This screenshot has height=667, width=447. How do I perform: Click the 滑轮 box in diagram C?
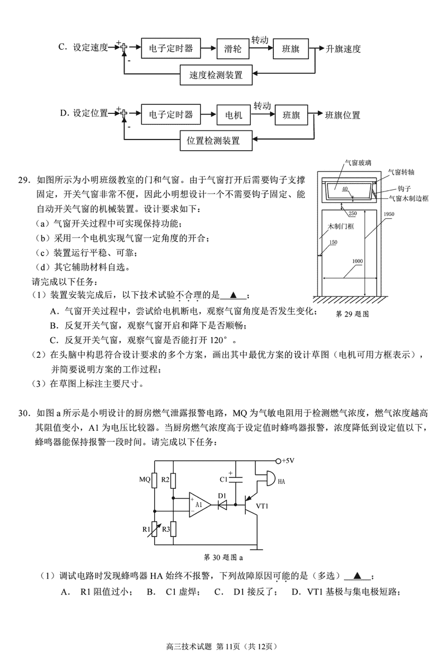click(232, 49)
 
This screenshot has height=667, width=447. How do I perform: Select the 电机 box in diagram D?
click(233, 115)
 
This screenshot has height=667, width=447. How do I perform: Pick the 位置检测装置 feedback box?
click(218, 141)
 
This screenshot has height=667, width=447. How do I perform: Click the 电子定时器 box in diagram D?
click(170, 115)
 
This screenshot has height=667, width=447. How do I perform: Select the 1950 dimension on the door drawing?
click(389, 214)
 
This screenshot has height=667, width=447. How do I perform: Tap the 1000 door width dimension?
click(358, 262)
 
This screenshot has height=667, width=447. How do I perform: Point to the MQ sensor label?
click(145, 479)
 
